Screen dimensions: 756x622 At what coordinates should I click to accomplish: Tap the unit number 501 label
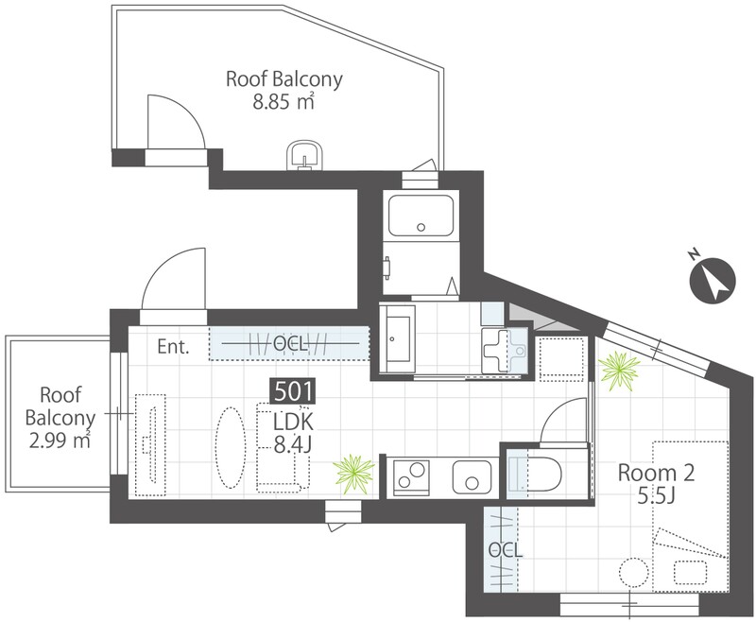(x=294, y=391)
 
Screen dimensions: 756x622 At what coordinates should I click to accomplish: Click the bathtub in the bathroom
(x=421, y=215)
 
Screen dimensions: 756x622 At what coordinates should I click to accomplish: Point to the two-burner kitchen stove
(x=412, y=475)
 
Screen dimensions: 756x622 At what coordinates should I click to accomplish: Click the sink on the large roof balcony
(x=304, y=156)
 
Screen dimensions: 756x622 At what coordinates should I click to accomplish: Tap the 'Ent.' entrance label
(x=174, y=347)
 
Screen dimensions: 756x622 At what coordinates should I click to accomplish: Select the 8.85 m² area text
(x=284, y=101)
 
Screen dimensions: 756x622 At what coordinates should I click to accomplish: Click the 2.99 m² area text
(x=60, y=441)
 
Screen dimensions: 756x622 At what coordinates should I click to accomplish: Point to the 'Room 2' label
(x=656, y=473)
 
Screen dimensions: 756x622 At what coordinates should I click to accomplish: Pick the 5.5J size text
(x=656, y=495)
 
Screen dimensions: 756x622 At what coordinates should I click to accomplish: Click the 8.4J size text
(x=293, y=444)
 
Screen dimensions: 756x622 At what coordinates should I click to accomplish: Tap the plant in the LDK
(x=353, y=474)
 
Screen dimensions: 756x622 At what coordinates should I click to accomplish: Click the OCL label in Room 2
(x=505, y=549)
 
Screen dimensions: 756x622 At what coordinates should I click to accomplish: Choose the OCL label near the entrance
(x=291, y=344)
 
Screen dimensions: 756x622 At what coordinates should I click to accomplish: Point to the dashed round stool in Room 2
(x=633, y=573)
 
